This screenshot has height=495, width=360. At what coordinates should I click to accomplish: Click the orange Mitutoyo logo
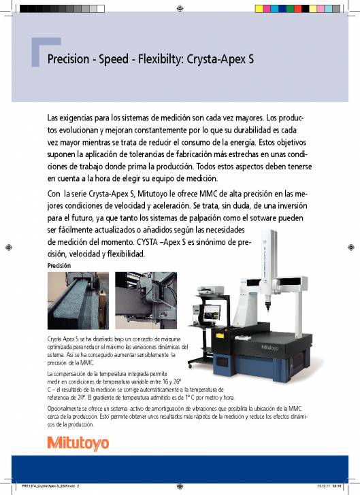point(78,444)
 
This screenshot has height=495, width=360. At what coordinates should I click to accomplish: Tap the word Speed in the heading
point(120,59)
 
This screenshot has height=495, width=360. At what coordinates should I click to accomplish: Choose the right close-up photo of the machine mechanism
point(142,301)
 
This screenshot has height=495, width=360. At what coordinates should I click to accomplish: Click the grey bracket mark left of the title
point(37,53)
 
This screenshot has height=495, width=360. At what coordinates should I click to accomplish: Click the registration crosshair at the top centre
point(179,10)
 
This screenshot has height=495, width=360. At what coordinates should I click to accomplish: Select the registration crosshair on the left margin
point(7,246)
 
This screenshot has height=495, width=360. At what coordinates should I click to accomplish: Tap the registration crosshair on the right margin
point(353,246)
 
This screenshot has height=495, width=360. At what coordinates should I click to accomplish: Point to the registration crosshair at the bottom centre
point(179,485)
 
